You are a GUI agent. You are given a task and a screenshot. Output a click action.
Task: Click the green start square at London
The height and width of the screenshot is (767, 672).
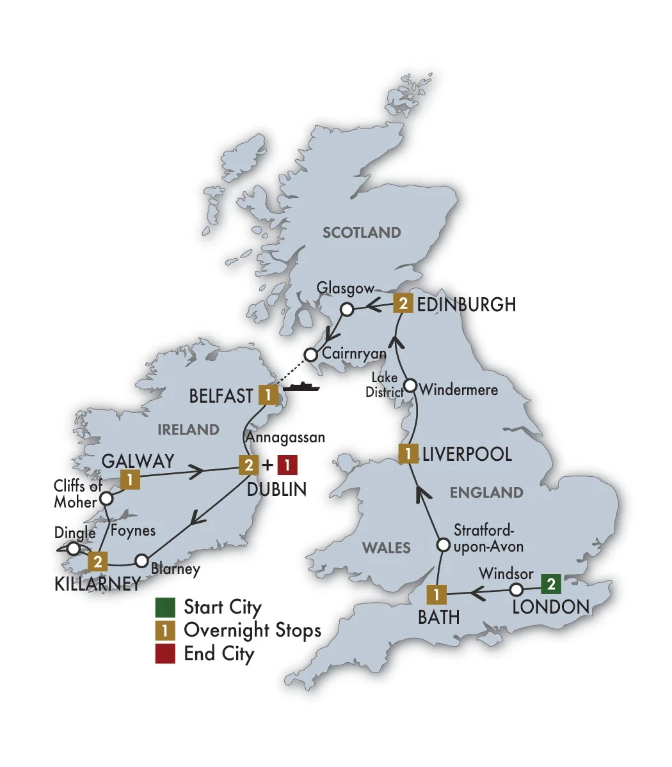pyautogui.click(x=551, y=584)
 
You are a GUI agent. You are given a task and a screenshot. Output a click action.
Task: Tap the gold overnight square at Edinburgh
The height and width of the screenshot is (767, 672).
pyautogui.click(x=403, y=303)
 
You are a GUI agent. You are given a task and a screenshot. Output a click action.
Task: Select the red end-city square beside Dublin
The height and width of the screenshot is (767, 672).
pyautogui.click(x=287, y=465)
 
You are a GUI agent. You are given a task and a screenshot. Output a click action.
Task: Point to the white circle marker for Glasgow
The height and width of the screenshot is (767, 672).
pyautogui.click(x=347, y=310)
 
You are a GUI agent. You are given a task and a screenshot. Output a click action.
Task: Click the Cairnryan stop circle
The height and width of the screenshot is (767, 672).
pyautogui.click(x=311, y=354)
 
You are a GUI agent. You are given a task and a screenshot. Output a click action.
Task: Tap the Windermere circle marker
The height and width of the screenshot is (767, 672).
pyautogui.click(x=411, y=387)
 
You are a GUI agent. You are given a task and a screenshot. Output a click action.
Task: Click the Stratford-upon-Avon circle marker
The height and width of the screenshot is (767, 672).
pyautogui.click(x=443, y=545)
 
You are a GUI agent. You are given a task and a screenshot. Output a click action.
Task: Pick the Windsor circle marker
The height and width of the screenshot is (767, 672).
pyautogui.click(x=516, y=589)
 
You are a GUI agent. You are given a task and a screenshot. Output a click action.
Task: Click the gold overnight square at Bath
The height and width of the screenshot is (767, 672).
pyautogui.click(x=436, y=594)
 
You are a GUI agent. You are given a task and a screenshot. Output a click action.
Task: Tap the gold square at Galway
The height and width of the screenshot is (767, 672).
pyautogui.click(x=131, y=479)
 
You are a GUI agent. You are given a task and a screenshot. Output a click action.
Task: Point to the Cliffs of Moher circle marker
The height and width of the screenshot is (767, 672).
pyautogui.click(x=107, y=498)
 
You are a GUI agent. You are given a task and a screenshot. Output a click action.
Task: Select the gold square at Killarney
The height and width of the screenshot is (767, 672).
pyautogui.click(x=98, y=562)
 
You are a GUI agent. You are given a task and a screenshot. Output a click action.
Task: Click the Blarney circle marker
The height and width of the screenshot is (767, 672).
pyautogui.click(x=141, y=561)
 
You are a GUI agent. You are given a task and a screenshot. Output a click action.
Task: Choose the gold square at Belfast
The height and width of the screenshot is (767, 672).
pyautogui.click(x=267, y=395)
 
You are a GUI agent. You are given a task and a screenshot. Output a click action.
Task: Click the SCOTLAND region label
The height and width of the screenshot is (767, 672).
pyautogui.click(x=362, y=232)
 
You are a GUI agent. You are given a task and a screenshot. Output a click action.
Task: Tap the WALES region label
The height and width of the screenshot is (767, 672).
pyautogui.click(x=387, y=548)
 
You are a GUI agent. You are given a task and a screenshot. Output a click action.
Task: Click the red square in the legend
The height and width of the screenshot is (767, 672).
pyautogui.click(x=165, y=653)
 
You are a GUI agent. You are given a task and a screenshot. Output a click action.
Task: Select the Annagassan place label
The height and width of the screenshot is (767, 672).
pyautogui.click(x=285, y=438)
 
